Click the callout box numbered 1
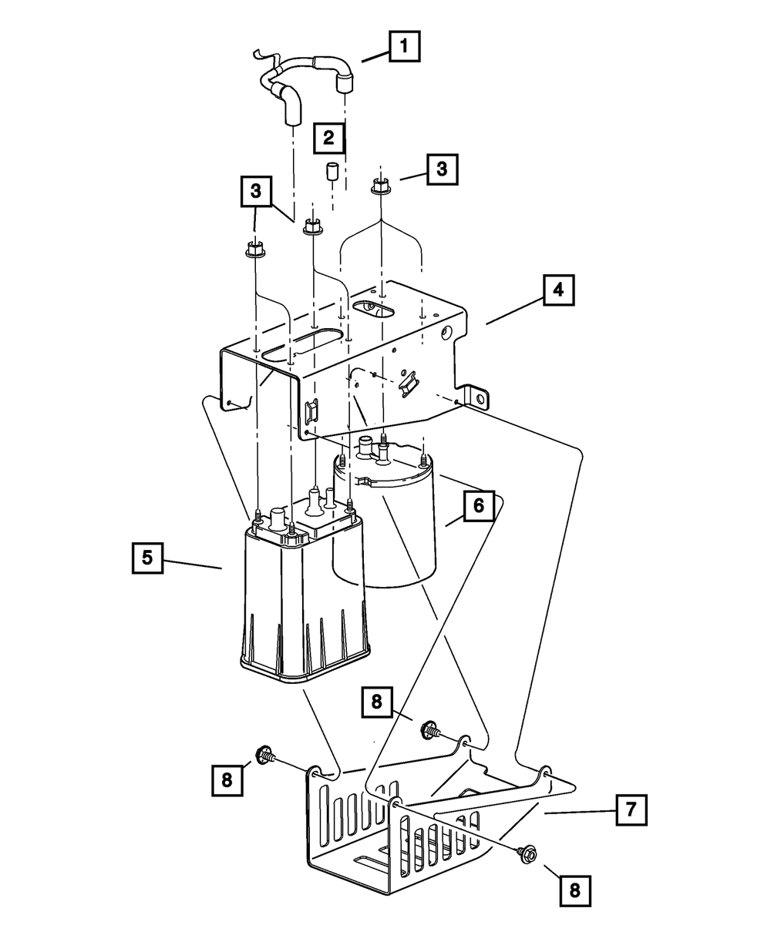pos(404,46)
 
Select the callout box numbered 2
pos(328,137)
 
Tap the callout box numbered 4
pos(558,290)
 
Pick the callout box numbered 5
pos(147,558)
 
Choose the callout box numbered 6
pos(480,506)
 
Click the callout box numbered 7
pos(631,809)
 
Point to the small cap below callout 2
pos(332,172)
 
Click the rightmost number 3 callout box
pos(442,169)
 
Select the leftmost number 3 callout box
pos(256,191)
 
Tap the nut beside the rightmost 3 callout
pos(380,186)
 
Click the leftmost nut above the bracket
pos(254,250)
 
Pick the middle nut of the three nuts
pos(312,226)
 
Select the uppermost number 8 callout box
pos(376,702)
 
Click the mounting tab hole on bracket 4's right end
pos(480,398)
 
